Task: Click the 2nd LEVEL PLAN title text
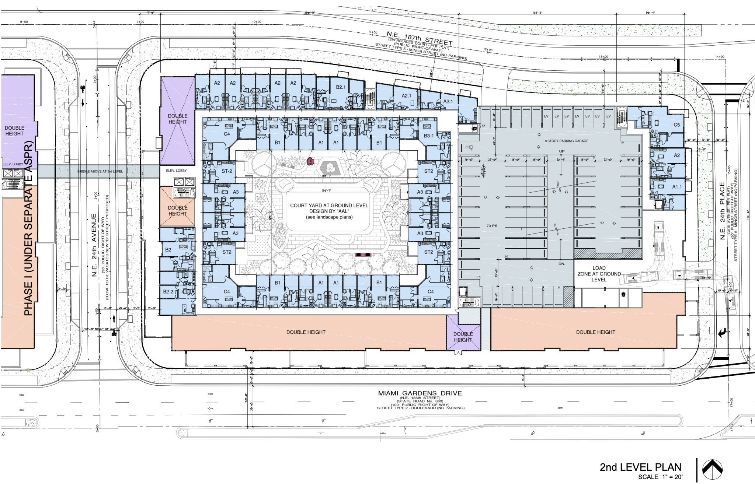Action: [640, 467]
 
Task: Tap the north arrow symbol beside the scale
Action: [712, 470]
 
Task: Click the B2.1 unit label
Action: [341, 87]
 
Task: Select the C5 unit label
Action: [676, 125]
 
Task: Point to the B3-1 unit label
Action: [429, 136]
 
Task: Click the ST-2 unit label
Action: [227, 171]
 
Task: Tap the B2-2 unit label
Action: [168, 292]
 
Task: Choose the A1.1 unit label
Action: [677, 187]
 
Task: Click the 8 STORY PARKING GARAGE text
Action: [567, 141]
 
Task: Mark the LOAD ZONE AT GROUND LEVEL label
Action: [599, 274]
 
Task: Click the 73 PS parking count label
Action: [492, 225]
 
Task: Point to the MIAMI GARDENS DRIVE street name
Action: [420, 393]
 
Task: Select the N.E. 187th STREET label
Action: [419, 38]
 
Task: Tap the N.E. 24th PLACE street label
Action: [723, 211]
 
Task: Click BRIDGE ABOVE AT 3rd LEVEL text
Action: [100, 172]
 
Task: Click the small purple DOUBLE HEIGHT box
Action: [463, 337]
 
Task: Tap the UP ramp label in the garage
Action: [562, 151]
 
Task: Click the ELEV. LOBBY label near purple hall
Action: [176, 171]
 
